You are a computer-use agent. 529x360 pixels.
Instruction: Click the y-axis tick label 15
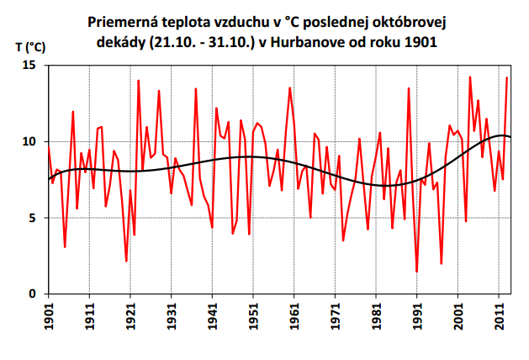[x=32, y=66]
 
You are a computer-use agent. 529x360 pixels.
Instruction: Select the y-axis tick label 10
[x=32, y=141]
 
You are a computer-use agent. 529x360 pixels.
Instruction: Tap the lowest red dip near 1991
[x=416, y=272]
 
